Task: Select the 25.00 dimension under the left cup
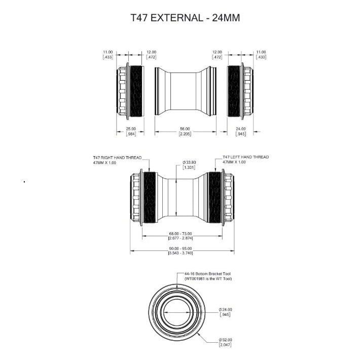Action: (130, 129)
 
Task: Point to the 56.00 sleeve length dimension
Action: (185, 129)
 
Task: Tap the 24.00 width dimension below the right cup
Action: (240, 129)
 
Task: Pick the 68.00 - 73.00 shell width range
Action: (181, 234)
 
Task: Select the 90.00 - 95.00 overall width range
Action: (181, 248)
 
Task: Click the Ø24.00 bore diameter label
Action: (226, 309)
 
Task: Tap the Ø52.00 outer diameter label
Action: (226, 340)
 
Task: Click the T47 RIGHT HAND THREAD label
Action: (117, 157)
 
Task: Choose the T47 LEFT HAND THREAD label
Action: (245, 157)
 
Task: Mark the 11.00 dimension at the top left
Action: (107, 52)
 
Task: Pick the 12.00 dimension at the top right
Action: (218, 52)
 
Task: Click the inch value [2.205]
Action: (185, 133)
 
